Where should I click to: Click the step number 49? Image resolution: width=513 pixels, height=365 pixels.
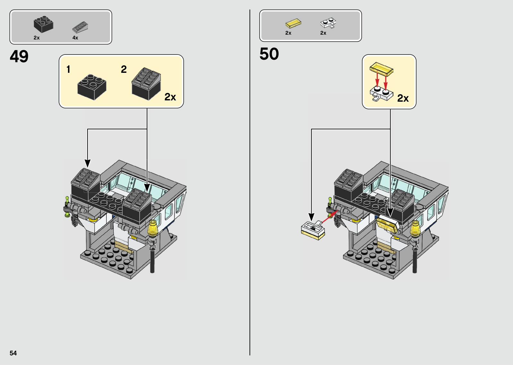(x=19, y=56)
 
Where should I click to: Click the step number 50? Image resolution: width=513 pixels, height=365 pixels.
(x=269, y=54)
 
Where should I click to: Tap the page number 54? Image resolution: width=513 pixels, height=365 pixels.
(x=13, y=353)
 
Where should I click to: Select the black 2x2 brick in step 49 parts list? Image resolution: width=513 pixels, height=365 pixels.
(x=43, y=24)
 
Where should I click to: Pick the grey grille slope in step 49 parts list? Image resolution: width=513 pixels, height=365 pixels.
(x=80, y=27)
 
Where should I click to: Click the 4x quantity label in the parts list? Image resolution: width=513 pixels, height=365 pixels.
(x=75, y=38)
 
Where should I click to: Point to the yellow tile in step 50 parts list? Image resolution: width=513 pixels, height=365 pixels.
(x=293, y=23)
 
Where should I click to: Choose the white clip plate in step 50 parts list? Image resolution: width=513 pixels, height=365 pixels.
(x=328, y=23)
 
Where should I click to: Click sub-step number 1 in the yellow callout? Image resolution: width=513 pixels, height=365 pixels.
(x=68, y=69)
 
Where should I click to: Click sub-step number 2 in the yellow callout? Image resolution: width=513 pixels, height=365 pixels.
(x=124, y=69)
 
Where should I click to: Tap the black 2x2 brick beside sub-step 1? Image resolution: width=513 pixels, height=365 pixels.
(x=92, y=87)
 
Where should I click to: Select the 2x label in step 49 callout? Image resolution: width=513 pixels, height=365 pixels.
(x=170, y=97)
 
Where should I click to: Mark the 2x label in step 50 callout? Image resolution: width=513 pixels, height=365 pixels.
(x=403, y=98)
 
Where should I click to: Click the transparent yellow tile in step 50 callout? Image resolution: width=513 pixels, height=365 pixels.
(x=381, y=69)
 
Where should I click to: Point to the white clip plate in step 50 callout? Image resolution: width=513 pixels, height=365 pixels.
(x=382, y=94)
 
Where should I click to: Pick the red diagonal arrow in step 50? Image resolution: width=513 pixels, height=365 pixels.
(x=330, y=217)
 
